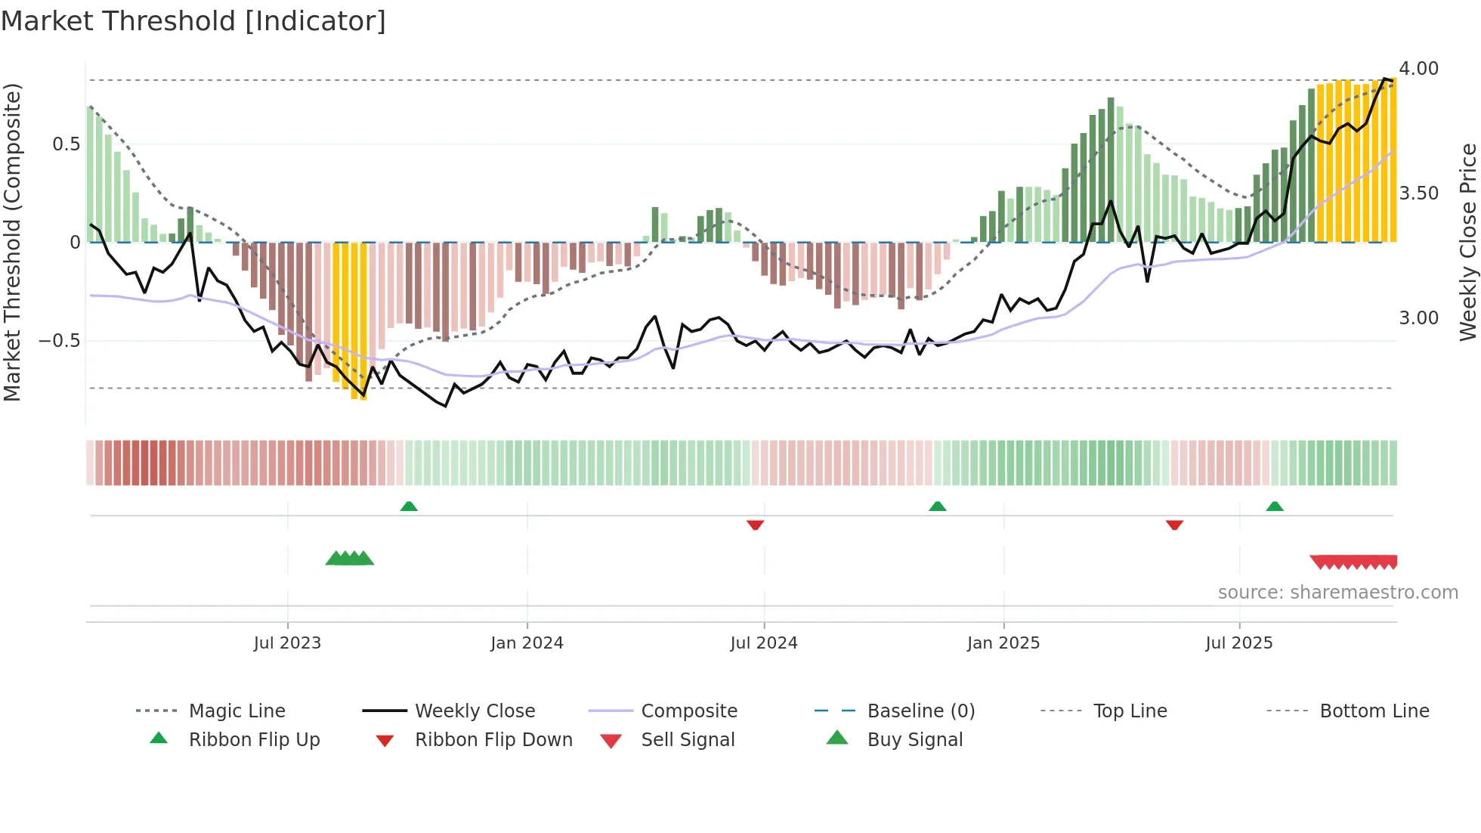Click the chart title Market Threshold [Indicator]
coord(193,21)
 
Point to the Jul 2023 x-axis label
coord(287,643)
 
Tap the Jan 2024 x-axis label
coord(527,643)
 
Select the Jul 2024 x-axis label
coord(763,643)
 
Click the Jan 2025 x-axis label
coord(1003,643)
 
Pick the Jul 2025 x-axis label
coord(1238,643)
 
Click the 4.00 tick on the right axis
coord(1418,69)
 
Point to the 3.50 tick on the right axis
coord(1418,194)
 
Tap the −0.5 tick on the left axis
coord(60,341)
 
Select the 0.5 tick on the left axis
coord(66,144)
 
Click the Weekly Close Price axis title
coord(1467,242)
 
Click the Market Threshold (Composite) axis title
coord(12,242)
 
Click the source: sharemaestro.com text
coord(1337,593)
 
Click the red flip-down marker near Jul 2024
coord(755,525)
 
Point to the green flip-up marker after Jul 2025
coord(1275,506)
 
